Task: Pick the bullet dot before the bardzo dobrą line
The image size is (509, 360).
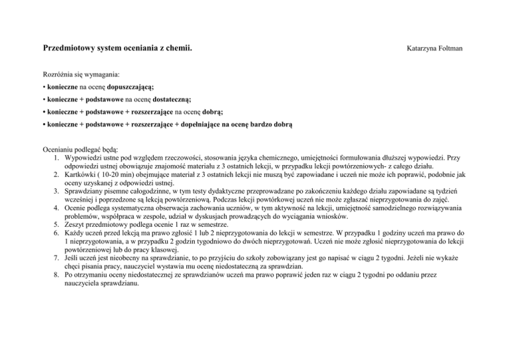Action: [43, 124]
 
